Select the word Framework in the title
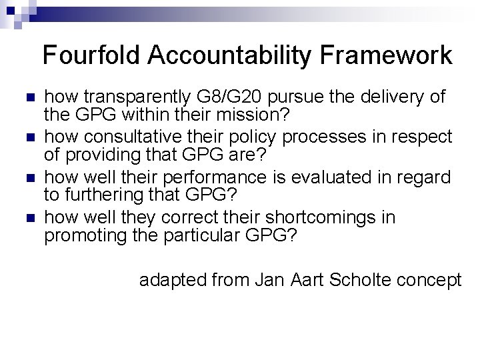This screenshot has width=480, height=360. tap(394, 55)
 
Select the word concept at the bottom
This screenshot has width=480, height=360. tap(430, 280)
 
